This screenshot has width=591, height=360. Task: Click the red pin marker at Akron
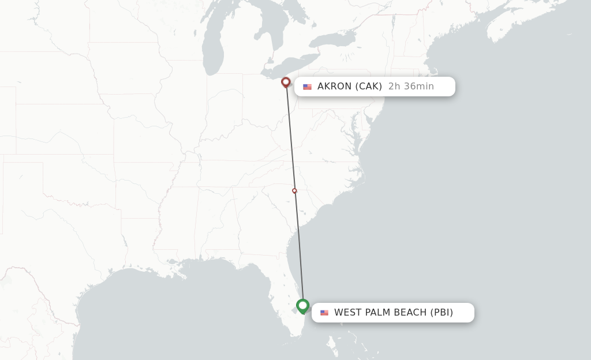pos(285,82)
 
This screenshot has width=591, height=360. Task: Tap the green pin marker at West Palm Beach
pos(302,305)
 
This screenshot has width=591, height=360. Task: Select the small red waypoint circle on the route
pos(294,190)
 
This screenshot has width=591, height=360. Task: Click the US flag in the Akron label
pos(307,87)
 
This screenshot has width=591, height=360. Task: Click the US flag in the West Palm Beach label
pos(324,313)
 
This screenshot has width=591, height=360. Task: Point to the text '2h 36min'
pos(411,87)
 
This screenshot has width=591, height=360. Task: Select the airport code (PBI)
pos(442,313)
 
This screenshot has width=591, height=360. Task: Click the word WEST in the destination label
pos(348,313)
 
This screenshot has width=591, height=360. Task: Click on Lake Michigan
pos(214,46)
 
